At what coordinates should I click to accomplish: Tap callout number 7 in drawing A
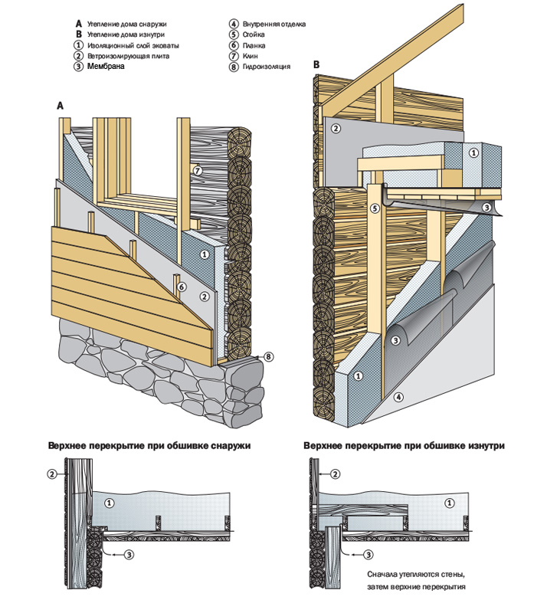(197, 171)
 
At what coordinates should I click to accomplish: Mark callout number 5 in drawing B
(375, 208)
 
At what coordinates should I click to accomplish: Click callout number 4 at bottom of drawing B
(399, 398)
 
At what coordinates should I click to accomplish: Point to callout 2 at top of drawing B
(336, 129)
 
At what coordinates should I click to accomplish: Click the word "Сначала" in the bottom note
(384, 574)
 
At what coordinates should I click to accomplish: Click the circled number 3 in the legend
(78, 67)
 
